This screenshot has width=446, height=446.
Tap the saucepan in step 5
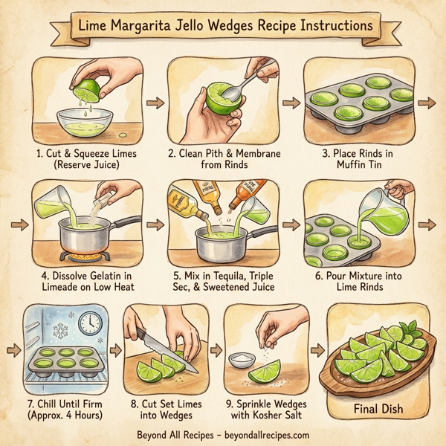(220, 242)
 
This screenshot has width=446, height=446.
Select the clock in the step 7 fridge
(90, 322)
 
